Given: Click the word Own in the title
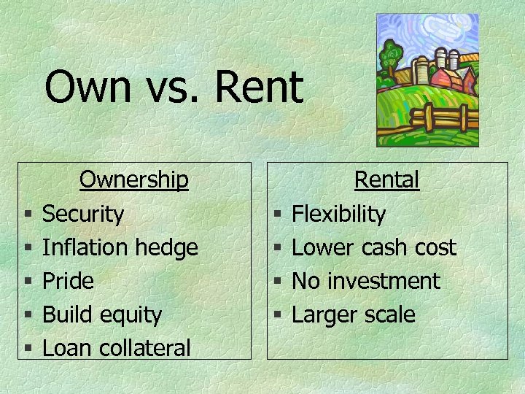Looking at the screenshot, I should pyautogui.click(x=85, y=88).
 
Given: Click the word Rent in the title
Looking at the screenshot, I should pyautogui.click(x=259, y=88).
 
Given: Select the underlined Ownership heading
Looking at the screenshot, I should pyautogui.click(x=134, y=179).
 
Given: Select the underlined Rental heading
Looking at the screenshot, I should pyautogui.click(x=386, y=179).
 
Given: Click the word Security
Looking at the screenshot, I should pyautogui.click(x=83, y=214).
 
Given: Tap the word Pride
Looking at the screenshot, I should pyautogui.click(x=68, y=281).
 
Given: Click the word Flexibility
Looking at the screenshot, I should pyautogui.click(x=338, y=214).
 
